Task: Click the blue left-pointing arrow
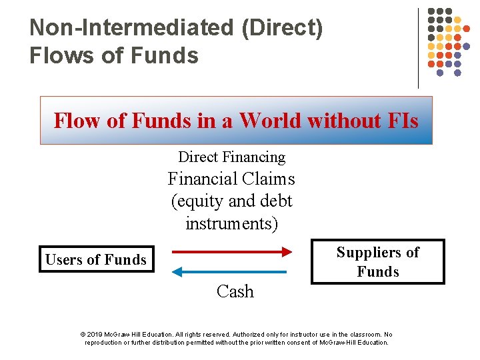[x=229, y=271]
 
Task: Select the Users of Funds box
[x=96, y=260]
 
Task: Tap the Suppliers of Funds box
[x=377, y=261]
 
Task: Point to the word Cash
[x=235, y=291]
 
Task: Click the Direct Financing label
[x=231, y=157]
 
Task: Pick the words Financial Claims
[x=231, y=179]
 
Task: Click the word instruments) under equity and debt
[x=231, y=223]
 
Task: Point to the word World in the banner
[x=270, y=121]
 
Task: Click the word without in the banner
[x=343, y=121]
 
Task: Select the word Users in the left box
[x=61, y=260]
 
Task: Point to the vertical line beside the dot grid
[x=419, y=48]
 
